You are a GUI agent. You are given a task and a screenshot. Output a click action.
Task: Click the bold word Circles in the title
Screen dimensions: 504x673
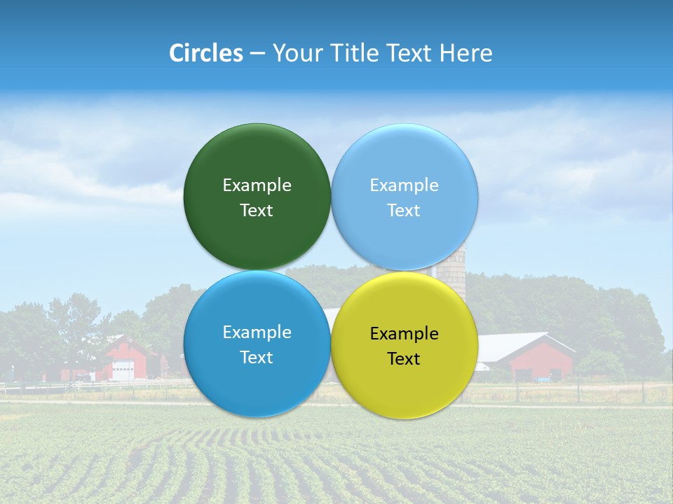click(x=206, y=53)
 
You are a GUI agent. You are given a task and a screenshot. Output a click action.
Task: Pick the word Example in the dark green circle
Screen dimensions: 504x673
click(x=257, y=185)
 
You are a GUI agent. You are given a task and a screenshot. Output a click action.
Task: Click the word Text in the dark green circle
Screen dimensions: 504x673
click(x=257, y=210)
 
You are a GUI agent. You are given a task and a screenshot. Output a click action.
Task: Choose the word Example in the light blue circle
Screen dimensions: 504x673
click(x=404, y=185)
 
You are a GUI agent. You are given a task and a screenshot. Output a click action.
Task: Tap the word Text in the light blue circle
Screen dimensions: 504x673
click(x=404, y=210)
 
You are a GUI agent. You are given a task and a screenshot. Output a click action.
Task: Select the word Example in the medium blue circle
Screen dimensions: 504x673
click(x=257, y=332)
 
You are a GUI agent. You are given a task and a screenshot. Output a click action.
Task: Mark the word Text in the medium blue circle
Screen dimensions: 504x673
click(x=257, y=357)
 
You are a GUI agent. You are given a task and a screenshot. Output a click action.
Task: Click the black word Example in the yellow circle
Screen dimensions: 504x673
click(x=404, y=333)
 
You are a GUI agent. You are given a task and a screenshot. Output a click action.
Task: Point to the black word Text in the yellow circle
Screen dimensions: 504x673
click(x=404, y=358)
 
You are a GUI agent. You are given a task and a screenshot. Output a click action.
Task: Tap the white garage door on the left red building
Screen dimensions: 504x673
click(x=123, y=370)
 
